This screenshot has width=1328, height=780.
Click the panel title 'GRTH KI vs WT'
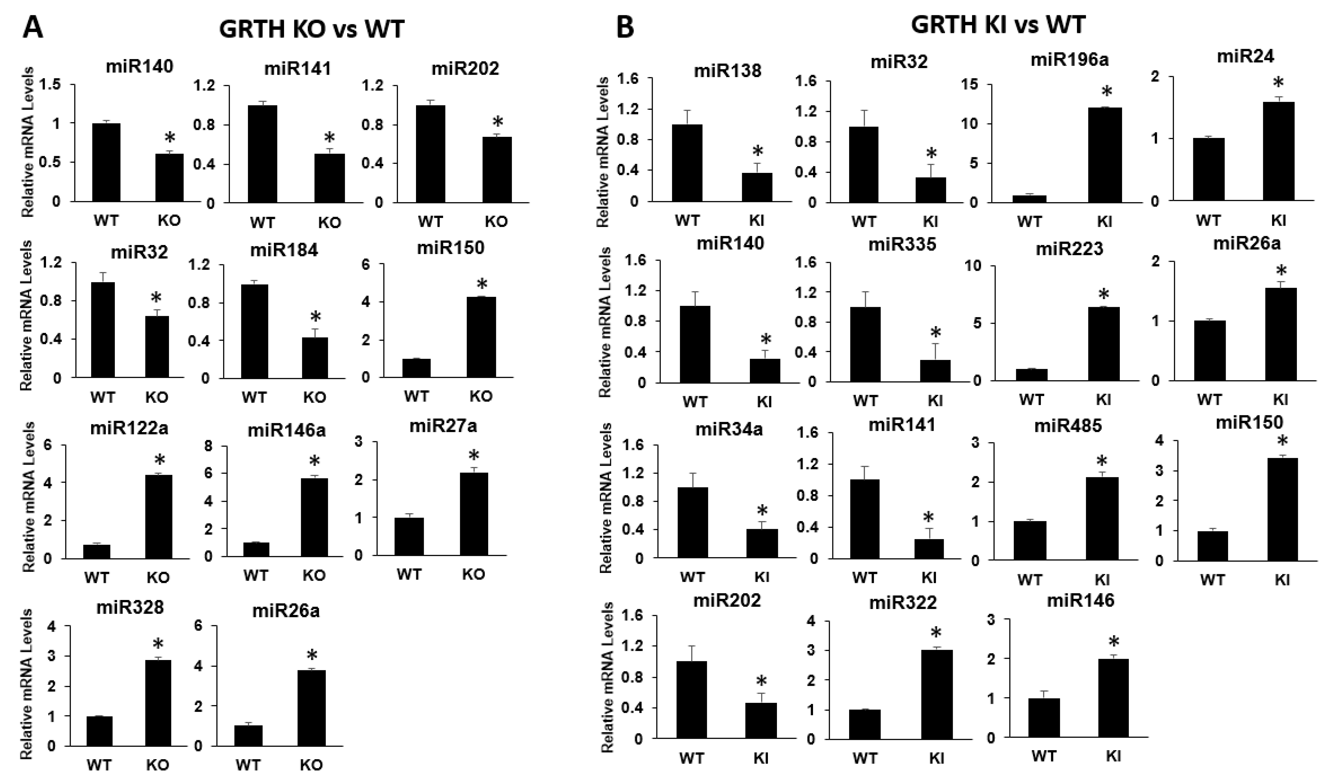998,25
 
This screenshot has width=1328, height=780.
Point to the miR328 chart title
130,607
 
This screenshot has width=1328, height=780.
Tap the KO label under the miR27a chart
473,574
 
